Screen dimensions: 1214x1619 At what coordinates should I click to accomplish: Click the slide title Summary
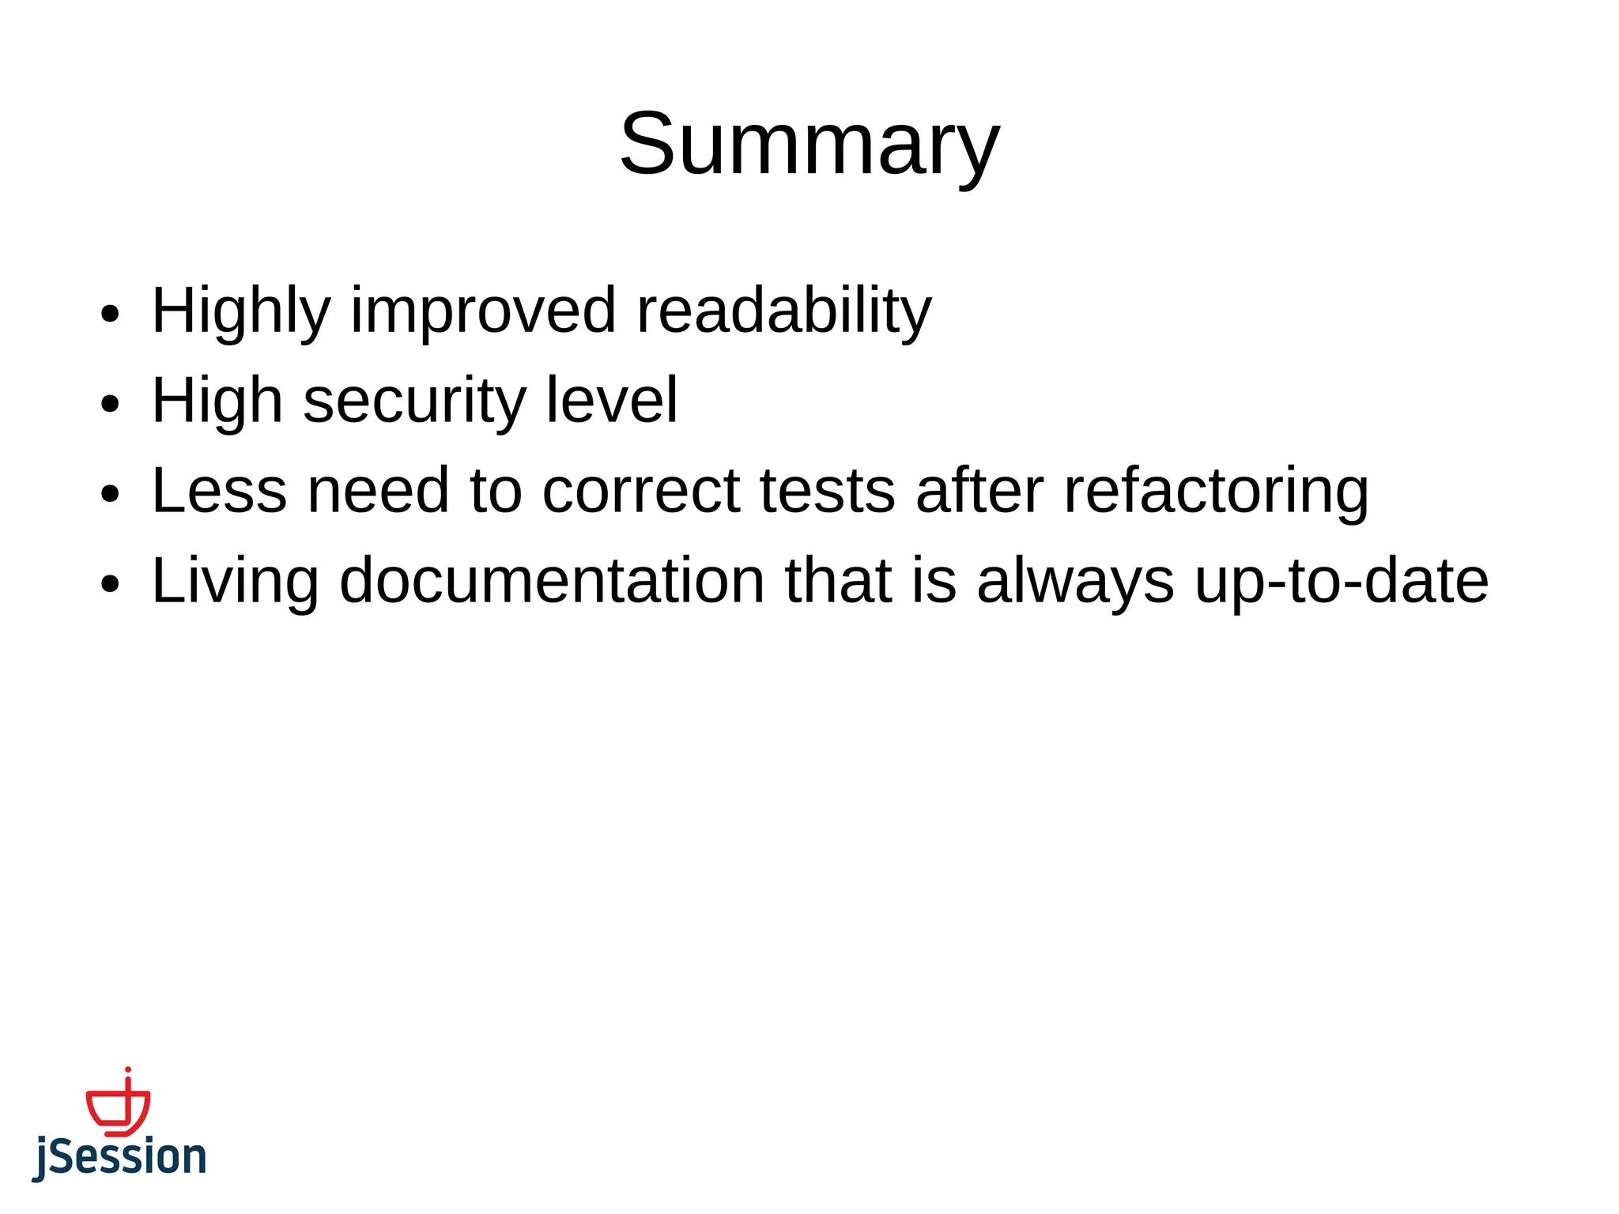pos(809,145)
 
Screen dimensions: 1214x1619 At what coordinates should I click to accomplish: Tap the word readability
pos(783,311)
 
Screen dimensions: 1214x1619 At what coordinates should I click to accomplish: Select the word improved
pos(482,311)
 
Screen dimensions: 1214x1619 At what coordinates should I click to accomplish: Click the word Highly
pos(240,311)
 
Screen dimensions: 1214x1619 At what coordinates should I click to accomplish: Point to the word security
pos(414,401)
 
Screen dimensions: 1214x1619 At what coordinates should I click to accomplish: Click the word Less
pos(219,491)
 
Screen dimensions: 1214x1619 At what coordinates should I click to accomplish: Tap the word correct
pos(641,491)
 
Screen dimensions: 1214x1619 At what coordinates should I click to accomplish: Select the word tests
pos(828,491)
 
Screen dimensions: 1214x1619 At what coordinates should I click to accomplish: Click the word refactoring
pos(1216,491)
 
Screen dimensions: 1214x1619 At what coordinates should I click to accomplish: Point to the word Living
pos(235,582)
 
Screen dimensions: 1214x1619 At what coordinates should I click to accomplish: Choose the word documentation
pos(552,582)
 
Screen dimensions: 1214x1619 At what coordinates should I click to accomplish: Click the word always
pos(1075,582)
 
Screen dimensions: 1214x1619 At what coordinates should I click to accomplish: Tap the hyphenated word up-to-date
pos(1342,582)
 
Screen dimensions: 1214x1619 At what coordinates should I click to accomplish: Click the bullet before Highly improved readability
pos(111,314)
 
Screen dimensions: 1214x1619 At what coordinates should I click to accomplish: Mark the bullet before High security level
pos(111,405)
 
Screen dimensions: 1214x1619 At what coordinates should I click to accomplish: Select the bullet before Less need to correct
pos(111,495)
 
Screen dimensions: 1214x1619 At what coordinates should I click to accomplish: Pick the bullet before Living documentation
pos(111,585)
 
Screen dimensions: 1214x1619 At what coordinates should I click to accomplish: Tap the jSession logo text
pos(119,1158)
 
